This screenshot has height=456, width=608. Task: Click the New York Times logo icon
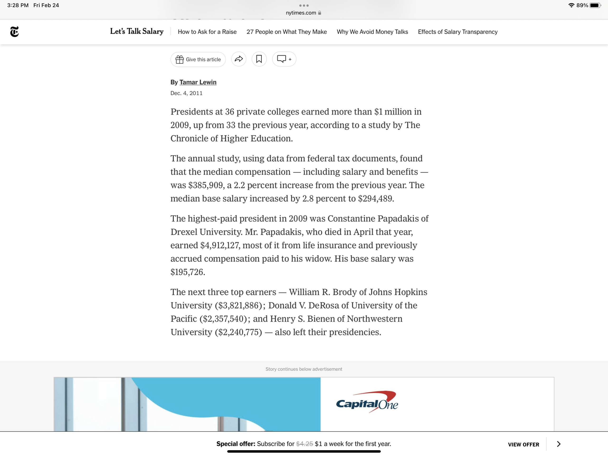click(14, 32)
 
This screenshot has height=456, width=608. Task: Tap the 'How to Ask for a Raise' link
click(207, 32)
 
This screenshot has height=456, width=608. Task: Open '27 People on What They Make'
click(286, 32)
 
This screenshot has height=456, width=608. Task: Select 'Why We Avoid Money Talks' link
click(372, 32)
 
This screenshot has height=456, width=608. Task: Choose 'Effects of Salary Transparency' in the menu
click(457, 32)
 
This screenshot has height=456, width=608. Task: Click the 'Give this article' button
click(198, 59)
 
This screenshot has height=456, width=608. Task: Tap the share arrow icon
click(239, 59)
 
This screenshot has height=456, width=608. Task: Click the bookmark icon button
click(259, 59)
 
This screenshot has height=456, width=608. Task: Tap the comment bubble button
click(284, 59)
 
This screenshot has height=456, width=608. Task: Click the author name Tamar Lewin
click(198, 82)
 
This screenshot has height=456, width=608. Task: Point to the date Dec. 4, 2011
click(186, 93)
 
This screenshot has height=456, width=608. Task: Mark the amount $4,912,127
click(220, 245)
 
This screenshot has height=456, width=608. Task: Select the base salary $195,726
click(187, 272)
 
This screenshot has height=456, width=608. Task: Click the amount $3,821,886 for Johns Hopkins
click(238, 306)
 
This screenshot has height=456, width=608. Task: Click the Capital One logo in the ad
click(367, 402)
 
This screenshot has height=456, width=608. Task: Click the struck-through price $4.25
click(304, 444)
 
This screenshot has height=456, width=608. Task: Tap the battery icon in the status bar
click(595, 5)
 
